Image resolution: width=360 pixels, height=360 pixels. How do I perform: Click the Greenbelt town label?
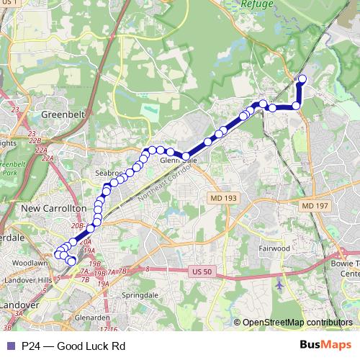tap(63, 114)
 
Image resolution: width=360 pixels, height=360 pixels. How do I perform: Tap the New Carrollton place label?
tap(55, 208)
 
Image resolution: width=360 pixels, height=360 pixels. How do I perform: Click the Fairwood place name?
tap(274, 248)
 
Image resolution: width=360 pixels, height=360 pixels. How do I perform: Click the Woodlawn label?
tap(30, 264)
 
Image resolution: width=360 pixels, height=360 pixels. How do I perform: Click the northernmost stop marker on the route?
tap(302, 78)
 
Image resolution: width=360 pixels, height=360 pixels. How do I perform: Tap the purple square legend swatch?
tap(9, 346)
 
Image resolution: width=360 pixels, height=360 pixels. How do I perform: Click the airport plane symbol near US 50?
tap(279, 284)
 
